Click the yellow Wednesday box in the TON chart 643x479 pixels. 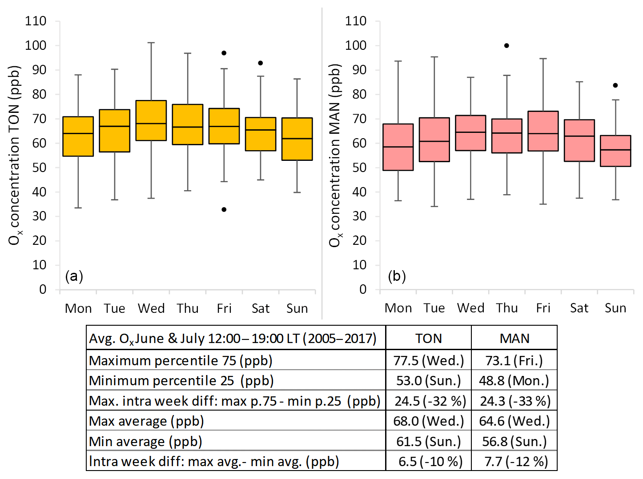pos(151,120)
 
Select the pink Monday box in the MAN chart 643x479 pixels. pos(398,147)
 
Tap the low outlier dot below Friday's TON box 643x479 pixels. pos(224,209)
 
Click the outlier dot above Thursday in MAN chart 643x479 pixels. pos(506,45)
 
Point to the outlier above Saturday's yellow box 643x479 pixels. pos(261,63)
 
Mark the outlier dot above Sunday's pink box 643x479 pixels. pos(615,85)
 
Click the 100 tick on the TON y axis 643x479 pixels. pos(36,45)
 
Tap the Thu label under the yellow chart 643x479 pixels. pos(188,308)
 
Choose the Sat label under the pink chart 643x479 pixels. pos(579,308)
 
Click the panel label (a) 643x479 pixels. pos(74,276)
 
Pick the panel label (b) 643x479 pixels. pos(397,276)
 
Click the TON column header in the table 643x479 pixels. pos(429,339)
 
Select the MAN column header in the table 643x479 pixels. pos(514,339)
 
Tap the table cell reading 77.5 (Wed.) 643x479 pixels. pos(429,360)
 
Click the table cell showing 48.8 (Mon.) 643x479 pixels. pos(514,381)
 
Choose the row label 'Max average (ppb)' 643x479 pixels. pos(147,421)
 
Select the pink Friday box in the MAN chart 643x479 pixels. pos(543,131)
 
